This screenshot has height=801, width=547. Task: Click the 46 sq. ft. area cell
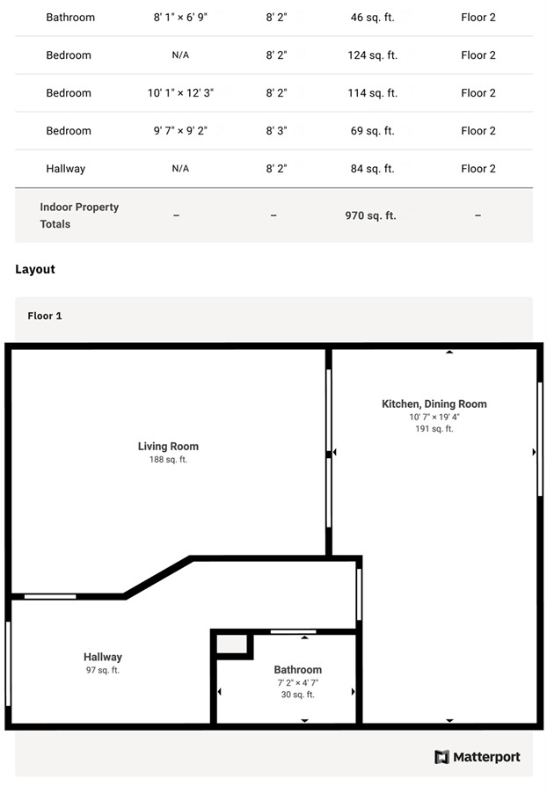(372, 18)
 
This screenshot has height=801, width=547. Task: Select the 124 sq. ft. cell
(372, 55)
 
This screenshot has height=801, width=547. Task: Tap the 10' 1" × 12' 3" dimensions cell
(180, 93)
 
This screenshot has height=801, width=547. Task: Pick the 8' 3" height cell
(276, 131)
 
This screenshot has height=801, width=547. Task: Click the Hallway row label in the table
(65, 169)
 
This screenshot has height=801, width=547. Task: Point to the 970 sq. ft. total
(370, 215)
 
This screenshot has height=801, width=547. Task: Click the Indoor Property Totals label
(79, 215)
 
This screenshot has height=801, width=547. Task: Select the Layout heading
(34, 269)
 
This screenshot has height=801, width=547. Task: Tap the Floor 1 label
(45, 316)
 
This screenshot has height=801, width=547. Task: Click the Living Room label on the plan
(168, 446)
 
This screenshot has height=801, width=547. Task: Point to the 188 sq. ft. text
(168, 459)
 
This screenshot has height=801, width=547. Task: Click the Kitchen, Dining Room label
(434, 404)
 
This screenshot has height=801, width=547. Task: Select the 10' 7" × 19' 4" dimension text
(434, 417)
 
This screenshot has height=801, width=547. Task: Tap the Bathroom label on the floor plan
(298, 670)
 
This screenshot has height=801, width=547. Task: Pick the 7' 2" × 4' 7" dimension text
(298, 682)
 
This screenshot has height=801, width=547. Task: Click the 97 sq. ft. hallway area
(103, 670)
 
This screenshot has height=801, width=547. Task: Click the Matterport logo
(477, 756)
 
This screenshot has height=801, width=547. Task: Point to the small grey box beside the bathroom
(232, 644)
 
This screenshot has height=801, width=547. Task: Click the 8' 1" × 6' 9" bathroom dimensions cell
(180, 18)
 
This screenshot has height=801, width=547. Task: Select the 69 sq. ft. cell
(372, 131)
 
